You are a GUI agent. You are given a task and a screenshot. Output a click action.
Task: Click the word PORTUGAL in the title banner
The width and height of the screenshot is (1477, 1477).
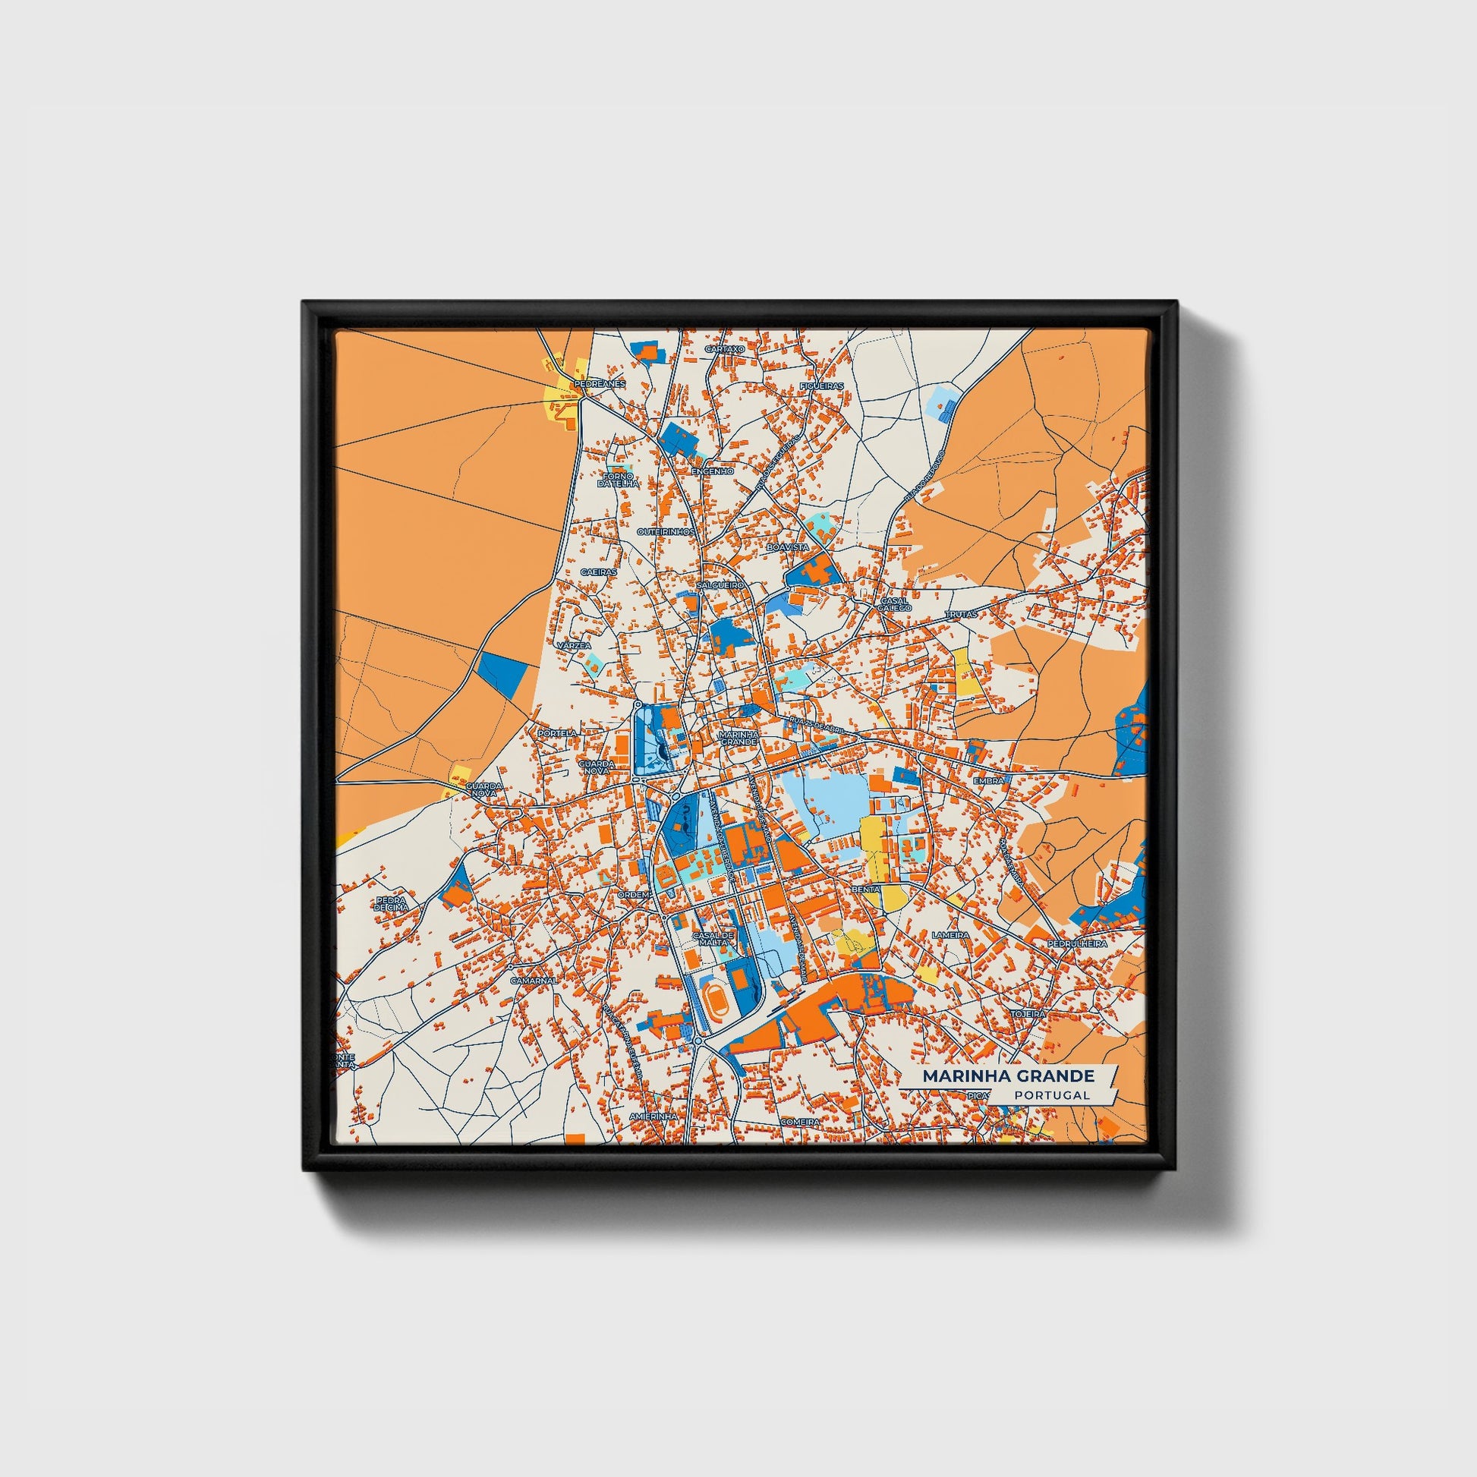point(1052,1094)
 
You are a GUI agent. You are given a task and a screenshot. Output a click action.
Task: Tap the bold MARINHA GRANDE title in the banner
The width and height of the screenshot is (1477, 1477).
point(1008,1075)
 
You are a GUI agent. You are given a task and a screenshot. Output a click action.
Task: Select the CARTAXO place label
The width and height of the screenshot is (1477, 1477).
point(724,349)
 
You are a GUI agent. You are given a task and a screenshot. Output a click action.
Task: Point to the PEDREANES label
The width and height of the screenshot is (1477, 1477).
point(600,383)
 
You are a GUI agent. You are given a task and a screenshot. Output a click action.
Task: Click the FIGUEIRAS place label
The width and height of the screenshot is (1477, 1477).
point(821,386)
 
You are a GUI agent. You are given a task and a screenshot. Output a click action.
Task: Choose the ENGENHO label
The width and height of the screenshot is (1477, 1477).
point(712,471)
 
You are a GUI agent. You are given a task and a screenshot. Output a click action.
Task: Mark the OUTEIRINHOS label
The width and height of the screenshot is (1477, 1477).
point(666,531)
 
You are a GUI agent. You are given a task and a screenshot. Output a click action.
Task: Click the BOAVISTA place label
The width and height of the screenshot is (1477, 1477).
point(787,548)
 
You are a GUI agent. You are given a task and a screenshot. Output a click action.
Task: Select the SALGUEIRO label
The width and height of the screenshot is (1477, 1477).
point(720,585)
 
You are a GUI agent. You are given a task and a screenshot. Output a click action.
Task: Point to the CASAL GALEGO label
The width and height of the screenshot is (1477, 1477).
point(895,604)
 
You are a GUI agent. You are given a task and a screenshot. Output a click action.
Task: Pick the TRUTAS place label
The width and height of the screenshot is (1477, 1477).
point(962,614)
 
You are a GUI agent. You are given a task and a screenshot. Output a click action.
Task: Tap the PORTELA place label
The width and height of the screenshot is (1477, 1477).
point(557,732)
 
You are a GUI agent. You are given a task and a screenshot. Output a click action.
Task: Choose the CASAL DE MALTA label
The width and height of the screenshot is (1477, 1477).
point(713,939)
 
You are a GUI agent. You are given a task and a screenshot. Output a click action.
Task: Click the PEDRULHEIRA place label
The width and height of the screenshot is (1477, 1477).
point(1077,943)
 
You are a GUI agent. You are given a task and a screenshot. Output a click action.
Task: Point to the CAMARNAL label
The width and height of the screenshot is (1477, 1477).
point(534,980)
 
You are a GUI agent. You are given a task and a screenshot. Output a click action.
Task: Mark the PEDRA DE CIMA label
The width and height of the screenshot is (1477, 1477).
point(392,904)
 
